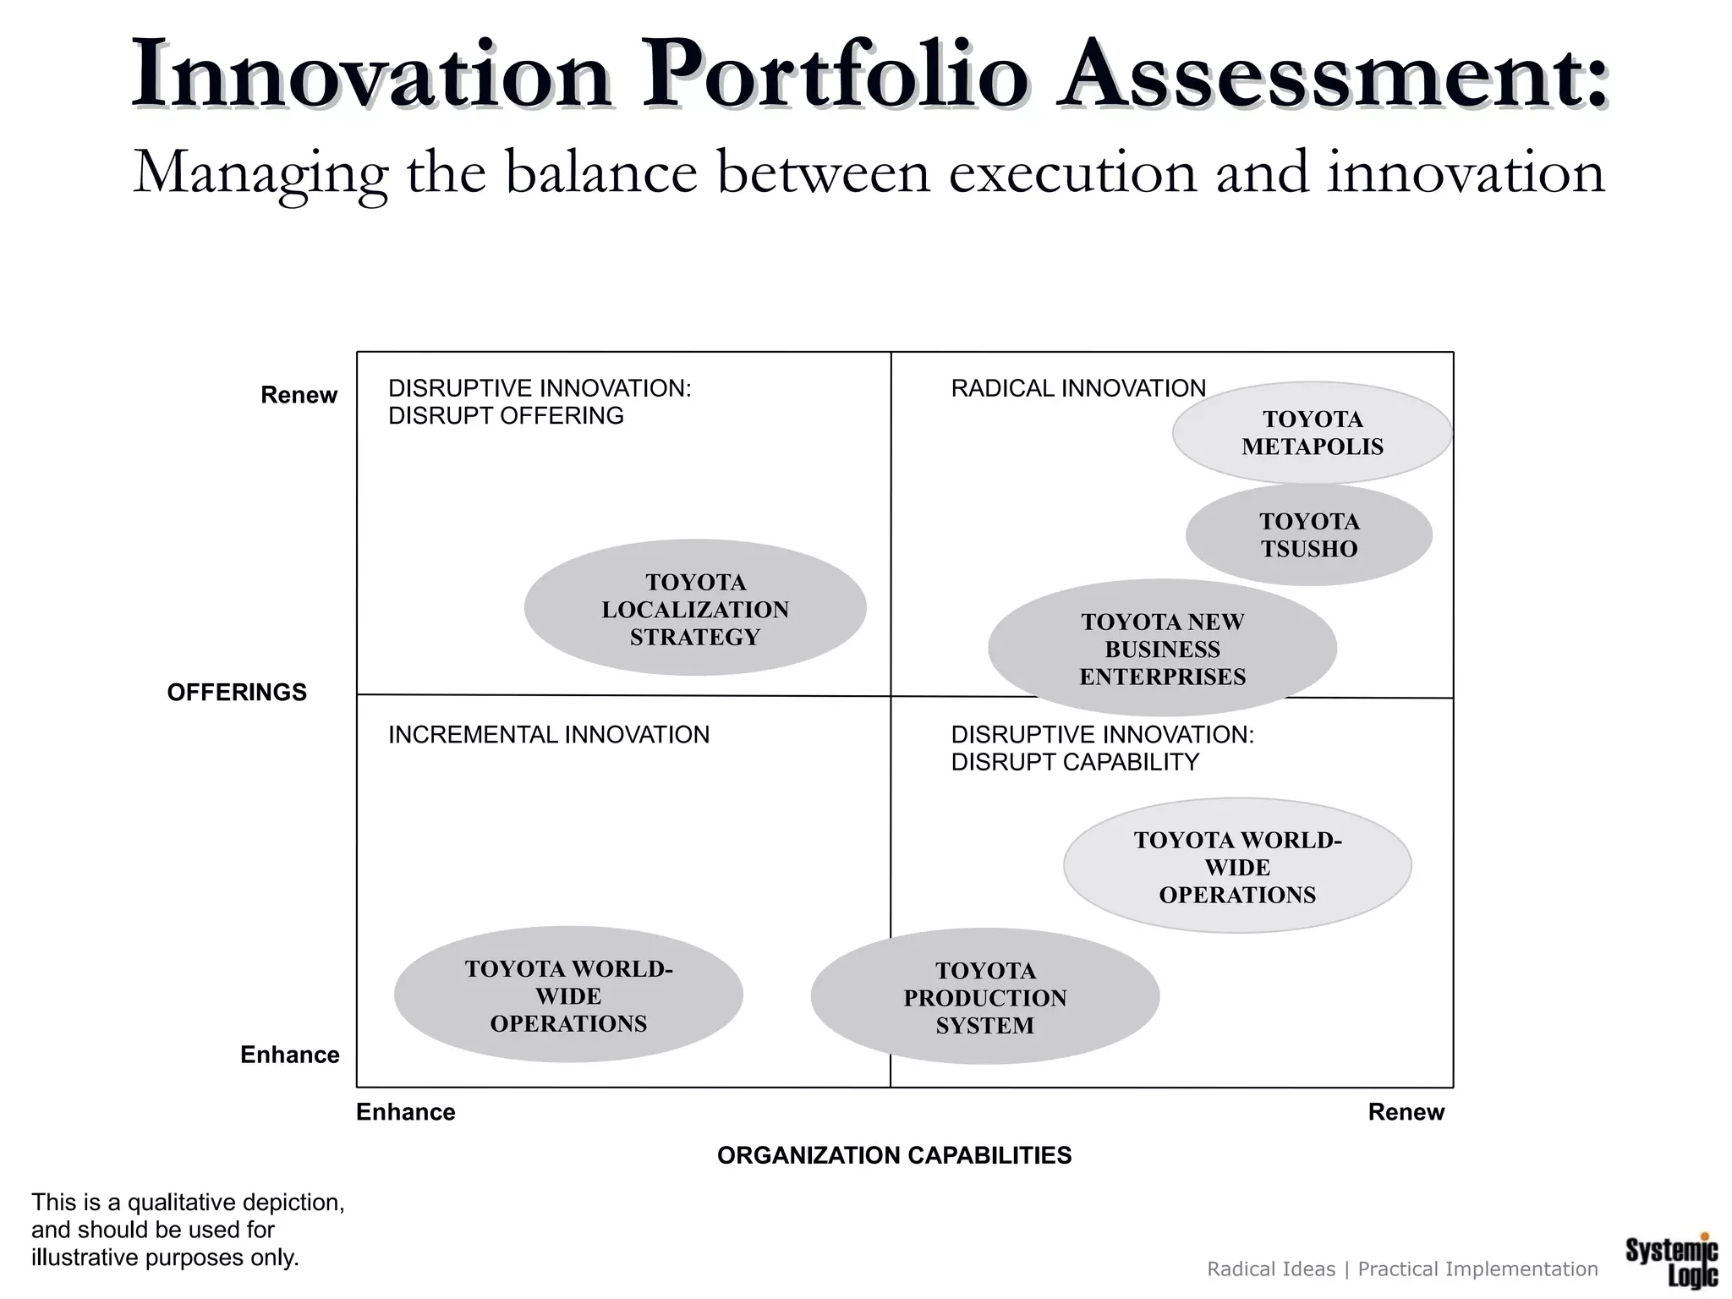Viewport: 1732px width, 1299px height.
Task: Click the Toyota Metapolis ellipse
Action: (1312, 432)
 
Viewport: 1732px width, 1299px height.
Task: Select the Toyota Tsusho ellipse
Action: (1308, 534)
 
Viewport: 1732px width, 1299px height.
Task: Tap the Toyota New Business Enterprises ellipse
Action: (1162, 649)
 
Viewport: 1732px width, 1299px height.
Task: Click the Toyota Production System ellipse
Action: (984, 997)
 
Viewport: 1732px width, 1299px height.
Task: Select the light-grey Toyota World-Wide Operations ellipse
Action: (1236, 867)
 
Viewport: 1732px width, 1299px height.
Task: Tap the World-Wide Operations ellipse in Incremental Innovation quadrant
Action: (568, 996)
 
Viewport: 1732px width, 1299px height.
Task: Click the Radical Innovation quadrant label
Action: (1077, 388)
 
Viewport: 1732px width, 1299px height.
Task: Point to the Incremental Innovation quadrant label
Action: (548, 734)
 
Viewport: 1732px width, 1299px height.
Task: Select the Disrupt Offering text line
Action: (506, 415)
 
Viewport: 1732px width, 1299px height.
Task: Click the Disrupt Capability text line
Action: (1074, 762)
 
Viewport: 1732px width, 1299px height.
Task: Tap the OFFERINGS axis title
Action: (237, 692)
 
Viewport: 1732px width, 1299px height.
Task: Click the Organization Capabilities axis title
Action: (894, 1154)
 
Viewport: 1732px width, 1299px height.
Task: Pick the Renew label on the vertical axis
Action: (299, 395)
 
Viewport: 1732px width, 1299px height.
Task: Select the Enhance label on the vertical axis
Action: (289, 1055)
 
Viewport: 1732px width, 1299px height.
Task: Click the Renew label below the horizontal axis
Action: (1406, 1111)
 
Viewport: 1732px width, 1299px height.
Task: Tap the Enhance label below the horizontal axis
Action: (405, 1111)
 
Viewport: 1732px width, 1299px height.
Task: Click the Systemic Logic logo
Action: (1671, 1261)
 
